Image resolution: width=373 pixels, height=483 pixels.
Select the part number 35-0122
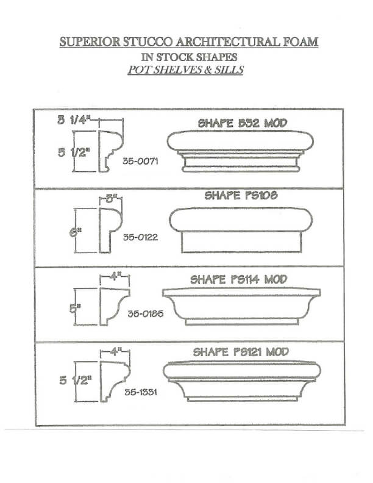tap(140, 237)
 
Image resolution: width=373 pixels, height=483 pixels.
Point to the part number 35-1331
tap(141, 392)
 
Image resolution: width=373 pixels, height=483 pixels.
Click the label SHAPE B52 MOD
tap(242, 123)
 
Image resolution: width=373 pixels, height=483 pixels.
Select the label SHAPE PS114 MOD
tap(239, 280)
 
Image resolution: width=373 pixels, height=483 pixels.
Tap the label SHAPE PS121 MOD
tap(241, 352)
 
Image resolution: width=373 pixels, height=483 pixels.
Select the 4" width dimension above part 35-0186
tap(115, 276)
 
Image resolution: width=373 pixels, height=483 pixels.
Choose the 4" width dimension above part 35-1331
tap(115, 352)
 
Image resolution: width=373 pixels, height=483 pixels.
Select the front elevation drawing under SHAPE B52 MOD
tap(241, 150)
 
